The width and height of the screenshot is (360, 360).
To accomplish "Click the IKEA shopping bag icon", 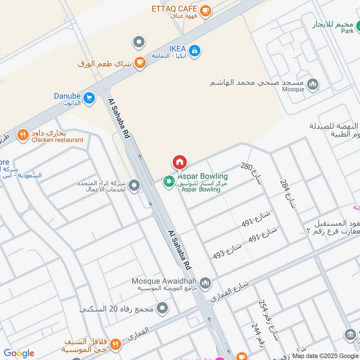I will [194, 51].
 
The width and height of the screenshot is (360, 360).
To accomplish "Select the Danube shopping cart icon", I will [89, 98].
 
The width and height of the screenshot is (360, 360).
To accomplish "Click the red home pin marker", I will [179, 162].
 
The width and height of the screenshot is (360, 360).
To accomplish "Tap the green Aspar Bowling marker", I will [169, 181].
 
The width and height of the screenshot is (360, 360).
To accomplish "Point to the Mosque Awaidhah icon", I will [205, 283].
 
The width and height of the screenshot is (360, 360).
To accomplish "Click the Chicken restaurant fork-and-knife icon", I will [22, 135].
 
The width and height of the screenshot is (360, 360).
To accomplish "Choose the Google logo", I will [19, 353].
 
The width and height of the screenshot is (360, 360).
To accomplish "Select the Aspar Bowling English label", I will [202, 176].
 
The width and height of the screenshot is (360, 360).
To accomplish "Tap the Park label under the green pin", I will [347, 31].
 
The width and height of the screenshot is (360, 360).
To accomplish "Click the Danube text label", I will [67, 96].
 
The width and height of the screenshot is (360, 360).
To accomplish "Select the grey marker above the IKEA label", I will [139, 43].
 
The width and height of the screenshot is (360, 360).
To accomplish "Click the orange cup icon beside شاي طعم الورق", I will [140, 63].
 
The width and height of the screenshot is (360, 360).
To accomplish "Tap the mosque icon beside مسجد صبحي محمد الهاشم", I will [312, 84].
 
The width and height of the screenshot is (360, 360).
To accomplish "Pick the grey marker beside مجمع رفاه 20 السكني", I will [163, 309].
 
